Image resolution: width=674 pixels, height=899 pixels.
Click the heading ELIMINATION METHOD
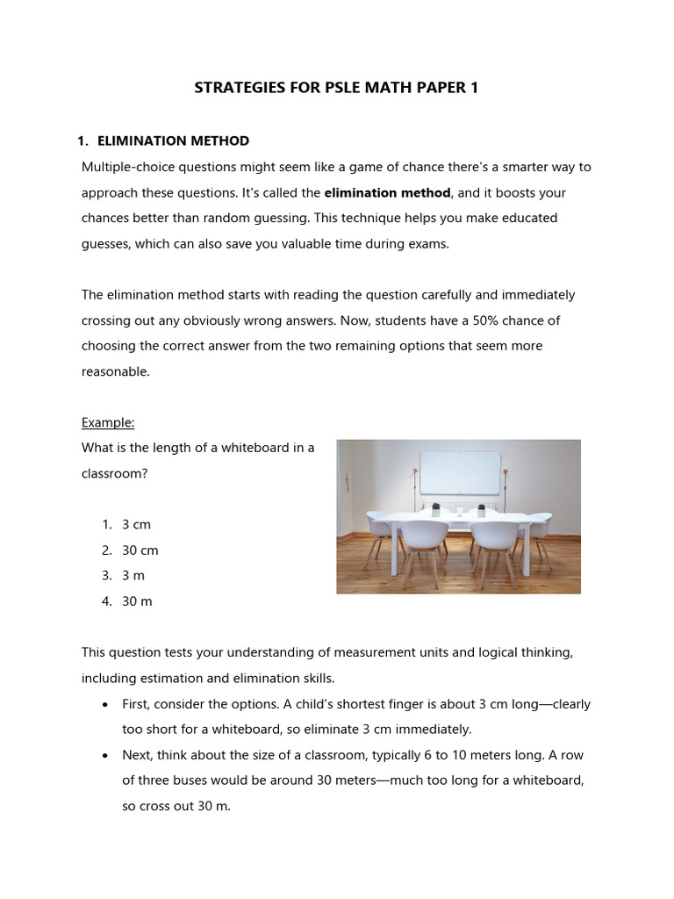point(173,140)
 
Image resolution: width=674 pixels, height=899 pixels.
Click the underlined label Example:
point(108,422)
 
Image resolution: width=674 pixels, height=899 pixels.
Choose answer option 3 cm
point(136,524)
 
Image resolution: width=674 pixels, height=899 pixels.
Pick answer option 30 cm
point(140,550)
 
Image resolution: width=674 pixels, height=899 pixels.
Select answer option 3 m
point(133,576)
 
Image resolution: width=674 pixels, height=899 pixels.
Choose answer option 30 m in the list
point(137,601)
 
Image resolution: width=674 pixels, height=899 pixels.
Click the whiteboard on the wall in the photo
point(460,472)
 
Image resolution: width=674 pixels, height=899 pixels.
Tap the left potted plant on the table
point(435,507)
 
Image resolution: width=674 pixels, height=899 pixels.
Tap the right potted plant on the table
point(480,507)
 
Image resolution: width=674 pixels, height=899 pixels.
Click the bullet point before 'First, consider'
point(105,705)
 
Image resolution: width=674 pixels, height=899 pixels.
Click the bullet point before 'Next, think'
point(105,756)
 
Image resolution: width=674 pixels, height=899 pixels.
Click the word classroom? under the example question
point(113,472)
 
